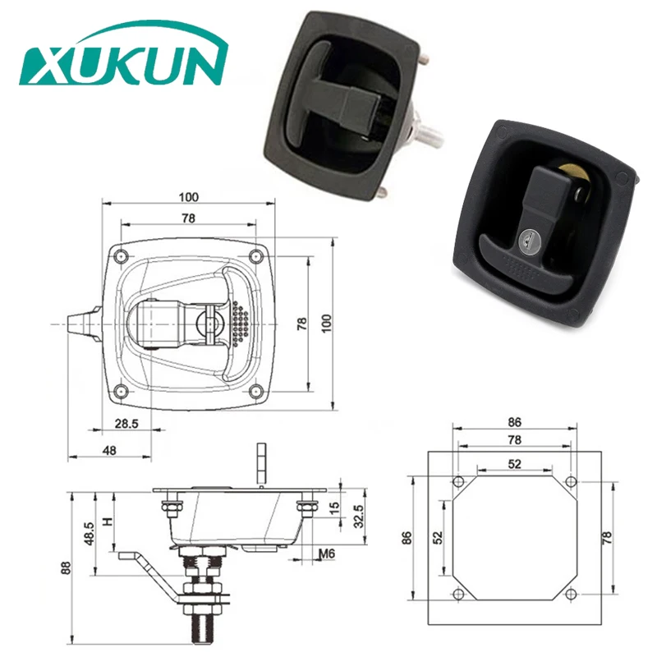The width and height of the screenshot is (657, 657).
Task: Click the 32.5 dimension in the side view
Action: point(359,516)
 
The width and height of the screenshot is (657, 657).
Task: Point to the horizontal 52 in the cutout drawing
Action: point(514,464)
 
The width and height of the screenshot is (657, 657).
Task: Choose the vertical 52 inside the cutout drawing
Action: point(438,538)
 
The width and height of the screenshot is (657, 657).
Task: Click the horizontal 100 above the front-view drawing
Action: point(189,197)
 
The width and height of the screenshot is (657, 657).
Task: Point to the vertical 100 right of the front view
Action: point(327,323)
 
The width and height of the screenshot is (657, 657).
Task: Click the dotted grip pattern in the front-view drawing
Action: point(239,324)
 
